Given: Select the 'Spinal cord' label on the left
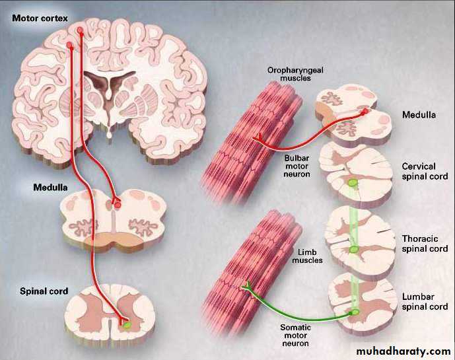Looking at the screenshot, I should [44, 291].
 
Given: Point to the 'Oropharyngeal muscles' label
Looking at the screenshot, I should [289, 75].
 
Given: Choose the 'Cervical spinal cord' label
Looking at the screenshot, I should [425, 172].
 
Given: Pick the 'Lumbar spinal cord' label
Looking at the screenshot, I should [425, 302].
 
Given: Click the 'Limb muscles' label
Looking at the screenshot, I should [308, 256].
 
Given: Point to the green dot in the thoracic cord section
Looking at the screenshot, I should [355, 249].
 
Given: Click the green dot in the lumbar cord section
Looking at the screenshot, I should [355, 311].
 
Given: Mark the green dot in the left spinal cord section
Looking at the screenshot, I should [127, 324].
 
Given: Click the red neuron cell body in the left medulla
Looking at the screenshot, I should [118, 205].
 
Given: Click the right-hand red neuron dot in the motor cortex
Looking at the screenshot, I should [81, 30].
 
